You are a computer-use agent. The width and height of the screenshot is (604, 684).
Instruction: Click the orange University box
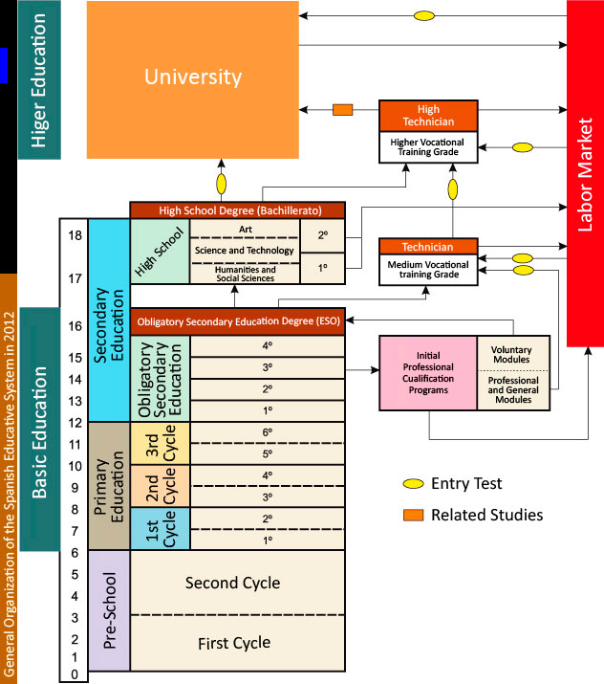(x=192, y=78)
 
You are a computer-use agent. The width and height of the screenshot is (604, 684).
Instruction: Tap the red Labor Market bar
(x=585, y=172)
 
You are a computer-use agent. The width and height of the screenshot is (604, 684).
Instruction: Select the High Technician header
(x=428, y=115)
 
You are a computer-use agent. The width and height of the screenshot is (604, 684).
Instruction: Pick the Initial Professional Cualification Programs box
(x=428, y=372)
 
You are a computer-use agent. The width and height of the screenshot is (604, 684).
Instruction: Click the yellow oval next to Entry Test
(x=413, y=484)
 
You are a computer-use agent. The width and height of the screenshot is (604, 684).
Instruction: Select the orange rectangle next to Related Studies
(x=413, y=515)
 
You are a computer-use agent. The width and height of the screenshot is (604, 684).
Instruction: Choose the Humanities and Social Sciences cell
(x=244, y=274)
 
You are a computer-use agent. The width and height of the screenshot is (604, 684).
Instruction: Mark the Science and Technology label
(x=244, y=251)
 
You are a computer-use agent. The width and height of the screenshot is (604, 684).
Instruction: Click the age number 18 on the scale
(x=73, y=235)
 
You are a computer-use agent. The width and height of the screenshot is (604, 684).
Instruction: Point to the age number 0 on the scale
(x=73, y=675)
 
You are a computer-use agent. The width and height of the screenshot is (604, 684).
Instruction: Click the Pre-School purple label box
(x=108, y=615)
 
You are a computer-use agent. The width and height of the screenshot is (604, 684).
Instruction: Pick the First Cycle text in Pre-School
(x=233, y=644)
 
